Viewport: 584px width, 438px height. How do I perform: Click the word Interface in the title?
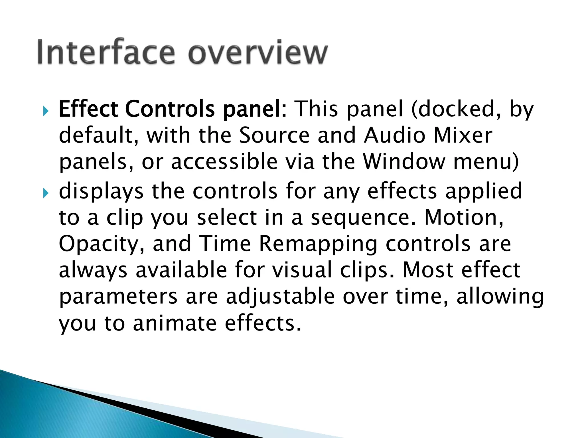[x=106, y=52]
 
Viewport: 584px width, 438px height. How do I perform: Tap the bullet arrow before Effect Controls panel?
[x=46, y=111]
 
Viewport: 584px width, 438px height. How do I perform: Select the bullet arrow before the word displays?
[x=46, y=193]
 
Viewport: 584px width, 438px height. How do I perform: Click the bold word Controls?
[x=170, y=109]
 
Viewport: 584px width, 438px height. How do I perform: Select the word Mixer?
[x=463, y=135]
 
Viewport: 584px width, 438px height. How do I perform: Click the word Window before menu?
[x=404, y=162]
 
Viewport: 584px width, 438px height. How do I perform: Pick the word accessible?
[x=224, y=162]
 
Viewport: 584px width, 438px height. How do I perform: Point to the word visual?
[x=302, y=270]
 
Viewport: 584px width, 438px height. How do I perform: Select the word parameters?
[x=118, y=297]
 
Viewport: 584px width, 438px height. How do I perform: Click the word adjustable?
[x=280, y=297]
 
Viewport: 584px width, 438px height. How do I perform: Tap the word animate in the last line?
[x=175, y=323]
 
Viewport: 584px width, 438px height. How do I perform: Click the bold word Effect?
[x=88, y=109]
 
